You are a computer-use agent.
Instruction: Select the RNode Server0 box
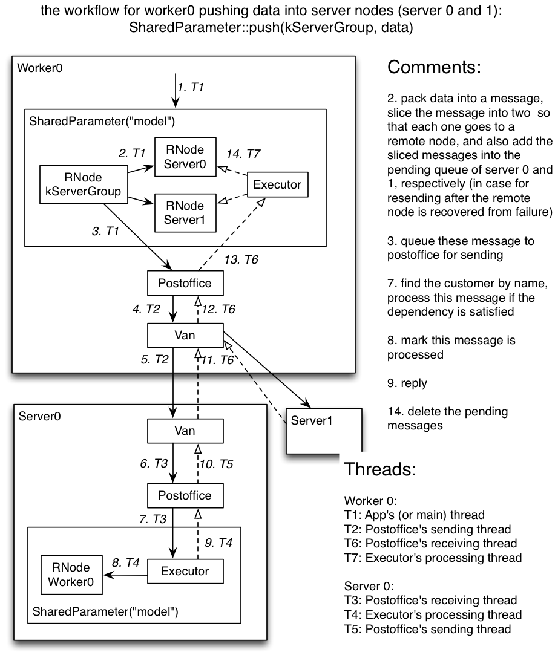pos(185,157)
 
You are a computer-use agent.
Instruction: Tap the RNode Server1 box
pos(185,212)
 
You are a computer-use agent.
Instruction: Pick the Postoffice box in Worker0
pos(180,283)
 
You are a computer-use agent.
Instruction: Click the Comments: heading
pos(434,67)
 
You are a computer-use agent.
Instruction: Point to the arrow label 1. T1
pos(191,87)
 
